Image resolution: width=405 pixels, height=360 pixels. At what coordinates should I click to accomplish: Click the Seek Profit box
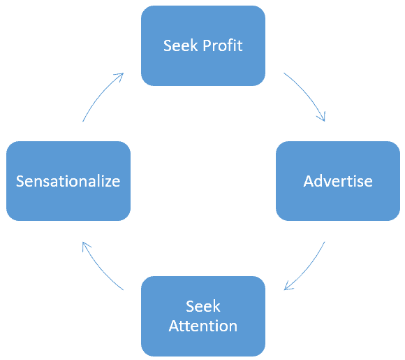pyautogui.click(x=203, y=45)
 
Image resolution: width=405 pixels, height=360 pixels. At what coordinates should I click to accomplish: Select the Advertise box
pyautogui.click(x=338, y=181)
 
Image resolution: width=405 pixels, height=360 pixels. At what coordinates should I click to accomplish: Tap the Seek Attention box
pyautogui.click(x=203, y=316)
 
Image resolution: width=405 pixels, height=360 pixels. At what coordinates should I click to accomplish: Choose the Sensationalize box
pyautogui.click(x=68, y=181)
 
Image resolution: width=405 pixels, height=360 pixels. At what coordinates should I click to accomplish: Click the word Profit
pyautogui.click(x=223, y=45)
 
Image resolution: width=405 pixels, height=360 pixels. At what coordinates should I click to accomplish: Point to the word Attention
pyautogui.click(x=203, y=326)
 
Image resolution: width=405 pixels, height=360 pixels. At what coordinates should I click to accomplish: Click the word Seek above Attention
pyautogui.click(x=203, y=306)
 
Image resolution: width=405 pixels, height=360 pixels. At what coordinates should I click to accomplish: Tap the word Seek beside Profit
pyautogui.click(x=181, y=45)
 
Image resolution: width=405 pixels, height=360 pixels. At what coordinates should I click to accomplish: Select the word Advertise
pyautogui.click(x=338, y=181)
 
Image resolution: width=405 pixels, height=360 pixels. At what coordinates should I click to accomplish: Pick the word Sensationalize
pyautogui.click(x=68, y=181)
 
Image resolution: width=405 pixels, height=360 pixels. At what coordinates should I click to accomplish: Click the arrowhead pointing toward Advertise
pyautogui.click(x=322, y=117)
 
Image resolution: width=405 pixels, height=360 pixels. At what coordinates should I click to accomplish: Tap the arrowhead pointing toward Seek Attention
pyautogui.click(x=288, y=286)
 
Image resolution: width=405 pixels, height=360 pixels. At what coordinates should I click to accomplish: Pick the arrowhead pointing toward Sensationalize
pyautogui.click(x=85, y=245)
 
